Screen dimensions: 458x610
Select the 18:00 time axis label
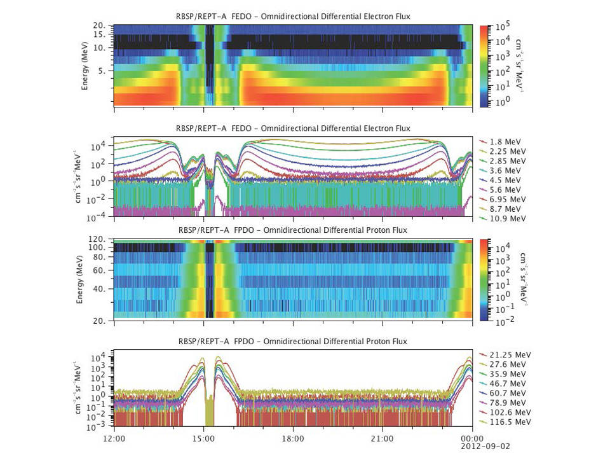click(x=293, y=438)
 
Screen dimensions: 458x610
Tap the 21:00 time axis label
click(x=383, y=438)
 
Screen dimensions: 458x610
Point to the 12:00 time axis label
click(x=114, y=438)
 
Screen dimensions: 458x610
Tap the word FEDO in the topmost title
click(x=238, y=15)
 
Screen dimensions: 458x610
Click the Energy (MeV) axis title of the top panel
click(x=85, y=66)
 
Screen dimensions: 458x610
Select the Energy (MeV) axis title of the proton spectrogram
click(x=80, y=279)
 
